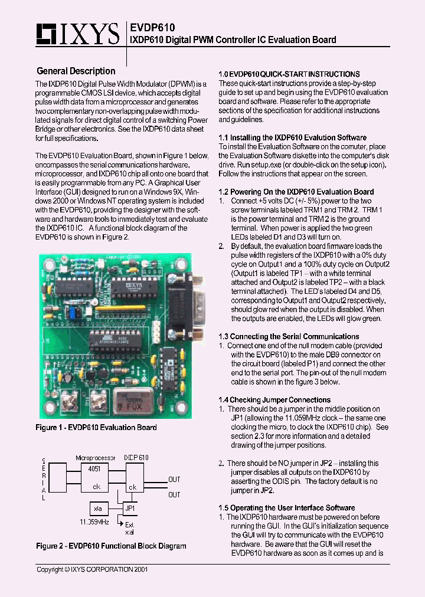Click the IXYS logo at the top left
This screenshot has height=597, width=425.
[x=78, y=35]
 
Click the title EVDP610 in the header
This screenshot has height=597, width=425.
[x=152, y=27]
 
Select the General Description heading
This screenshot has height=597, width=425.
[x=76, y=71]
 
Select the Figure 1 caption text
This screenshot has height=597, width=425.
[x=96, y=427]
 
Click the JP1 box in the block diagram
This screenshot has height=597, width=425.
[x=130, y=508]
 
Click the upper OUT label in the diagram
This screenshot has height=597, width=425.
[x=174, y=480]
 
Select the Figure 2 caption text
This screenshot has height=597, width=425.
[x=111, y=546]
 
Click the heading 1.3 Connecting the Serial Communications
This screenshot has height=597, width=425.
[x=289, y=336]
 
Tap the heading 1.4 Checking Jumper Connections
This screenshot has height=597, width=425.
[x=274, y=399]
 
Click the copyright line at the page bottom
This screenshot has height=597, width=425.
[x=92, y=570]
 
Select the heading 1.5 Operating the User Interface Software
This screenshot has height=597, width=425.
[x=287, y=507]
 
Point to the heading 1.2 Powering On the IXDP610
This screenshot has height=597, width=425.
[x=296, y=192]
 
